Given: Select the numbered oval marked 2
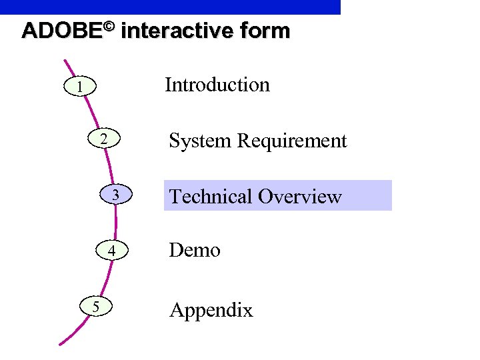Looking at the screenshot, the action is click(x=103, y=140).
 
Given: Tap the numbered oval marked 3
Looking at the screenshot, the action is click(x=116, y=195).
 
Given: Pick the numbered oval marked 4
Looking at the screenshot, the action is click(x=113, y=251).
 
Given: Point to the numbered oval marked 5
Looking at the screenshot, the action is click(x=97, y=307).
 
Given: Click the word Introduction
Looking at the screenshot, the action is click(x=217, y=85).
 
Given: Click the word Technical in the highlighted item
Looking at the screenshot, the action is click(x=211, y=197).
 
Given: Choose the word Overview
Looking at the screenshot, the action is click(x=299, y=197).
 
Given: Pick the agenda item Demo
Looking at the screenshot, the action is click(x=195, y=250).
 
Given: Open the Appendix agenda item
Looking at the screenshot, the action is click(x=211, y=310).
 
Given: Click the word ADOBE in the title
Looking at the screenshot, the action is click(x=61, y=31).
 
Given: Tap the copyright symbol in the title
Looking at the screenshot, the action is click(x=109, y=27).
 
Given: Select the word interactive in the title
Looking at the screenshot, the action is click(x=179, y=31).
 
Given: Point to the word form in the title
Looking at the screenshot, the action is click(x=265, y=31).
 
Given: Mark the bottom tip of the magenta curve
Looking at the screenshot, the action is click(x=61, y=344).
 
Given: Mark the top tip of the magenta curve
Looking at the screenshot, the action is click(x=65, y=61).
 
